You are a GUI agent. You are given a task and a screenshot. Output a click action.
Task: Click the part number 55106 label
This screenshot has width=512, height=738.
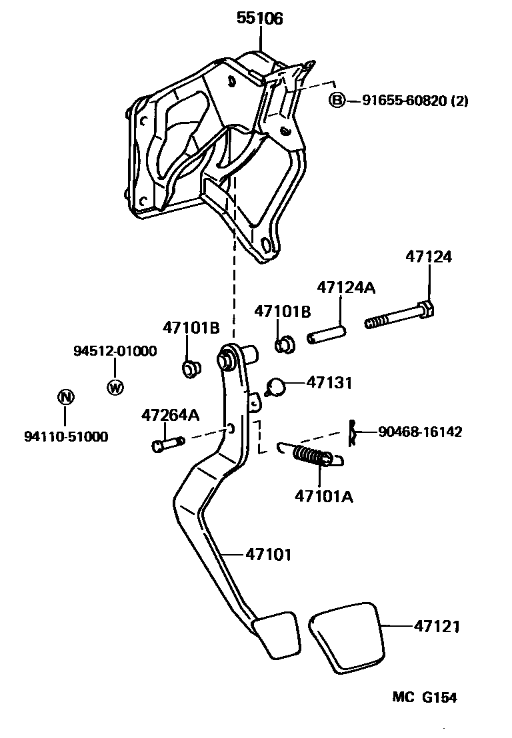pos(260,19)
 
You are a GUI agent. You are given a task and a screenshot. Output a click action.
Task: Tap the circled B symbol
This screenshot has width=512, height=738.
pos(337,101)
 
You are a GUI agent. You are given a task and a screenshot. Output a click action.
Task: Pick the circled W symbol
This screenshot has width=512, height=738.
pos(115,387)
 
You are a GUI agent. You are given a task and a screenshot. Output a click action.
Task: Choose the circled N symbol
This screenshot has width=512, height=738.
pos(65,398)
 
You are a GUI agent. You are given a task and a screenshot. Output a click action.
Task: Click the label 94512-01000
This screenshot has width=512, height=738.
pos(115,351)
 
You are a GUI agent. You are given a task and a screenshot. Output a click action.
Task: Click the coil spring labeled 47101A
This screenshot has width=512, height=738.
pos(310,454)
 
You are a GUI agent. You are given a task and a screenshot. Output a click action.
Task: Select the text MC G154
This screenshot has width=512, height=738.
pos(424,697)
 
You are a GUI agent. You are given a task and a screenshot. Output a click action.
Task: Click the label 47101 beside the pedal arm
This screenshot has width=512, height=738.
pos(269,553)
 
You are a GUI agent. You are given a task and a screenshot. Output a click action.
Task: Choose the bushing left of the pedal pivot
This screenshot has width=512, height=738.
pos(191,367)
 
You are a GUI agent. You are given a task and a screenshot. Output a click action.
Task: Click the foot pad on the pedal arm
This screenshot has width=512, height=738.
pos(276,633)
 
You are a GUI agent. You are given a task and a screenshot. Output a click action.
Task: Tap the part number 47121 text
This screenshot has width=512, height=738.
pos(437,626)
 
